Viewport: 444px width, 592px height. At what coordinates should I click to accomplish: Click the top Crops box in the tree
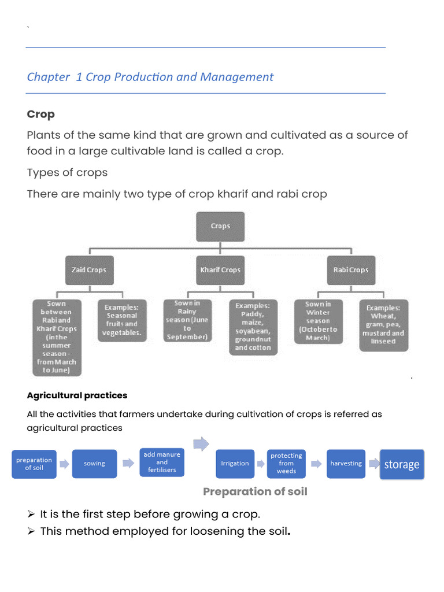220,226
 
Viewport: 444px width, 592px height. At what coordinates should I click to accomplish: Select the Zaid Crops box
88,270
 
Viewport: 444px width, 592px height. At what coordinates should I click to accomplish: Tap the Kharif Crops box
220,270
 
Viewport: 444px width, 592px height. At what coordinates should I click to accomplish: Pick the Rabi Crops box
350,270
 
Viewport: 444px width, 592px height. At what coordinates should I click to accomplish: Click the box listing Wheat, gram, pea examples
383,325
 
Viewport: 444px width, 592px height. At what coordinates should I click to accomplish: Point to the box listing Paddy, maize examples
253,327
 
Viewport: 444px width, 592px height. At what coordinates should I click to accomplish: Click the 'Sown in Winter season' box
318,321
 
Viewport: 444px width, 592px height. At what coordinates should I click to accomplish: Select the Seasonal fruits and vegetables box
121,321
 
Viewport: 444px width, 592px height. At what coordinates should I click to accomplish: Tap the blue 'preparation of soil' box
34,464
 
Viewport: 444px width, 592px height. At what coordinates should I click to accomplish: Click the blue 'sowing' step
94,464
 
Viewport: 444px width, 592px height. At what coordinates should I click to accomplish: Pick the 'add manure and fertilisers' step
162,462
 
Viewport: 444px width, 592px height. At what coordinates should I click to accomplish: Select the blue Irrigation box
235,464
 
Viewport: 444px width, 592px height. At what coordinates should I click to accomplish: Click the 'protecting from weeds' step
286,464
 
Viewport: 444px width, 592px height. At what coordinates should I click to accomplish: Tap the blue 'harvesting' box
346,464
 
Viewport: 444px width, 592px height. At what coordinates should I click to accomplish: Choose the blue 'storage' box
402,464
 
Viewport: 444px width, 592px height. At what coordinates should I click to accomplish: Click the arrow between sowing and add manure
128,464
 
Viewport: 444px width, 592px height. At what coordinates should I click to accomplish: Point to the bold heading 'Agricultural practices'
77,395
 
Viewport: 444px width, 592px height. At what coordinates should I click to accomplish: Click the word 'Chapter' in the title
48,77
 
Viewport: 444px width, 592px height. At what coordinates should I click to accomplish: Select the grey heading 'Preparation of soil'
255,491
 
